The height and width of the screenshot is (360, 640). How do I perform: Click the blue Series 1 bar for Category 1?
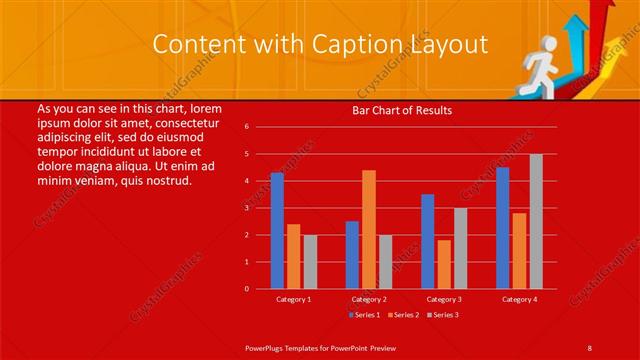tap(277, 231)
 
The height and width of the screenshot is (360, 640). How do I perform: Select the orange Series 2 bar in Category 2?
tap(369, 229)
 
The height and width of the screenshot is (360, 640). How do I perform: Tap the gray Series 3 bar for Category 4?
tap(536, 221)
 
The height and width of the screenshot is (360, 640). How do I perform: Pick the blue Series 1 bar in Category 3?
tap(428, 241)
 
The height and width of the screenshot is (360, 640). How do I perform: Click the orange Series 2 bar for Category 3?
tap(444, 264)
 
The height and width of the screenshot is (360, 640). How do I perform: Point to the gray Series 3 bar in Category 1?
tap(310, 261)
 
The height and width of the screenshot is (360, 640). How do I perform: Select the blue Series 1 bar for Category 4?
tap(503, 228)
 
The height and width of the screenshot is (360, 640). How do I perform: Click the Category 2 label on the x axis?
tap(369, 299)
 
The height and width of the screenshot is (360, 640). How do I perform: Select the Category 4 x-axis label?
tap(519, 299)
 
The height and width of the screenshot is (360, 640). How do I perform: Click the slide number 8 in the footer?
tap(590, 346)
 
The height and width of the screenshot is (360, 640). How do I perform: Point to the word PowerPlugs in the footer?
tap(267, 346)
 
